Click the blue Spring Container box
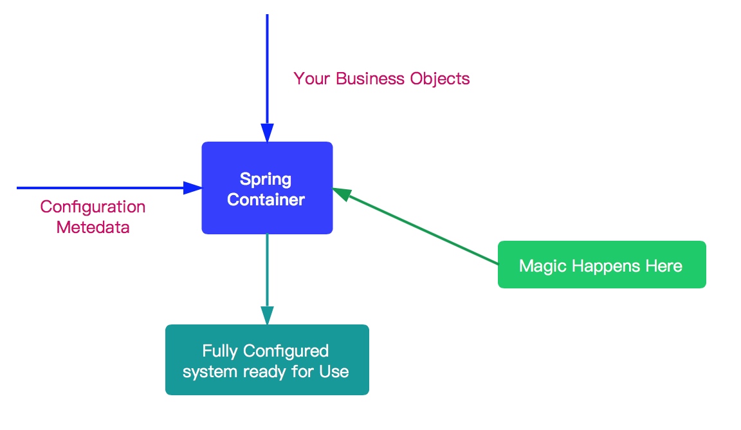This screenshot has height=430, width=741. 267,187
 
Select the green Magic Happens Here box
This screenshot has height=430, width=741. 601,265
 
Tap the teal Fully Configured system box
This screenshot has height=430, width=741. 267,360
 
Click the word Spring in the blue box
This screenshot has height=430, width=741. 266,179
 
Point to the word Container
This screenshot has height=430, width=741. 266,200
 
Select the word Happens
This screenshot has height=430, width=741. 602,266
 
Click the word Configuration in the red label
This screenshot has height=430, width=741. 93,207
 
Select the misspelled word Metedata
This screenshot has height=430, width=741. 93,227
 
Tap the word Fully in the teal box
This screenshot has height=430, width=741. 220,351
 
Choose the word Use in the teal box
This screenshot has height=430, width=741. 334,371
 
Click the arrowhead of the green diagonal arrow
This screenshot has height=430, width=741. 342,193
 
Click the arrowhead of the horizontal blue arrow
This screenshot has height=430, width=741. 193,188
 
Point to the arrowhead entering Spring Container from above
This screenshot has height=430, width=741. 267,133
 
